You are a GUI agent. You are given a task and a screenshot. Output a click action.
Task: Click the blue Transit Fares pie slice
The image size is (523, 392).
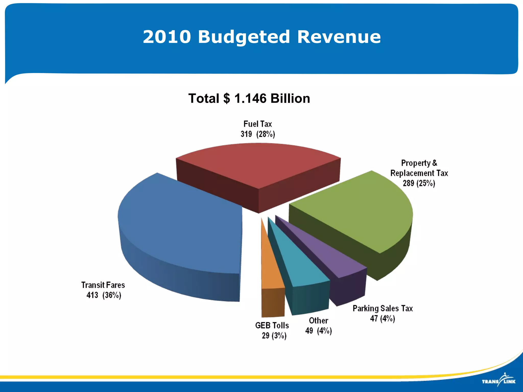pos(179,225)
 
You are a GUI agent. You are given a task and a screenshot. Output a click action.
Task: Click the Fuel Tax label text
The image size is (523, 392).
pos(258,124)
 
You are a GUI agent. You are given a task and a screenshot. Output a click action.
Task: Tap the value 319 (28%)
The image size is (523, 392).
pos(258,134)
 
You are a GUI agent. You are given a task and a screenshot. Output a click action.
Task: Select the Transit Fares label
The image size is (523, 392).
pos(103,285)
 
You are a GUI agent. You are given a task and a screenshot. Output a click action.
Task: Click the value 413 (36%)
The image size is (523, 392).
pos(104,295)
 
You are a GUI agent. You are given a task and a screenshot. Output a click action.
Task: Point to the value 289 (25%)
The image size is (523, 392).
pos(419,183)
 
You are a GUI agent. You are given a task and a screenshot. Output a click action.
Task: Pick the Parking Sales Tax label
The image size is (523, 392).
pos(383,309)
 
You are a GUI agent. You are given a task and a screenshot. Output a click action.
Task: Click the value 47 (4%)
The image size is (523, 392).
pos(383,318)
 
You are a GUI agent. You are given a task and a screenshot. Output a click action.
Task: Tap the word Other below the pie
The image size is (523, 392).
pos(318,321)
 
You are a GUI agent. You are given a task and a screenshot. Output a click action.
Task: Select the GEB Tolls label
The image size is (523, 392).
pos(272,325)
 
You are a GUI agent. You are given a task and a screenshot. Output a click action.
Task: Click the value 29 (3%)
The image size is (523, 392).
pos(274,336)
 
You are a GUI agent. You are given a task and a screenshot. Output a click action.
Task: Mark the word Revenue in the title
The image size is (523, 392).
pos(339,37)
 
